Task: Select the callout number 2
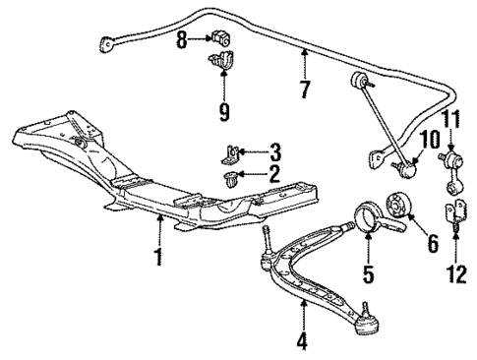(x=273, y=173)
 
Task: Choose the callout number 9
(x=224, y=112)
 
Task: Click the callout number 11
(x=453, y=120)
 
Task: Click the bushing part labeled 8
(x=220, y=40)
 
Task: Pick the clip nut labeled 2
(x=234, y=178)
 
